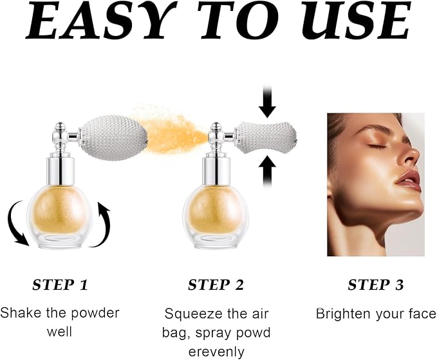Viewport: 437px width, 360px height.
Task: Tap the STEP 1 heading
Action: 60,285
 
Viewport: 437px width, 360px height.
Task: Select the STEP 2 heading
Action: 216,285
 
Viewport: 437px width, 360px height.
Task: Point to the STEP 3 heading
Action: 375,285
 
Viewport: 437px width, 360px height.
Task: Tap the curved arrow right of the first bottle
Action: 103,222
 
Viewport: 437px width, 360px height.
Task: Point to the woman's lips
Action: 407,180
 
